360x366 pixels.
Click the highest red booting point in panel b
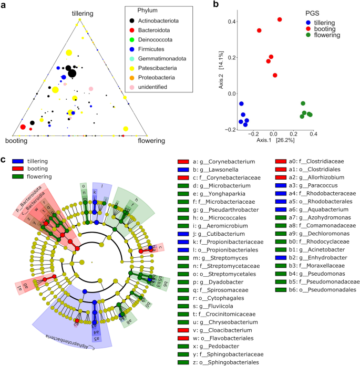pos(280,19)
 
